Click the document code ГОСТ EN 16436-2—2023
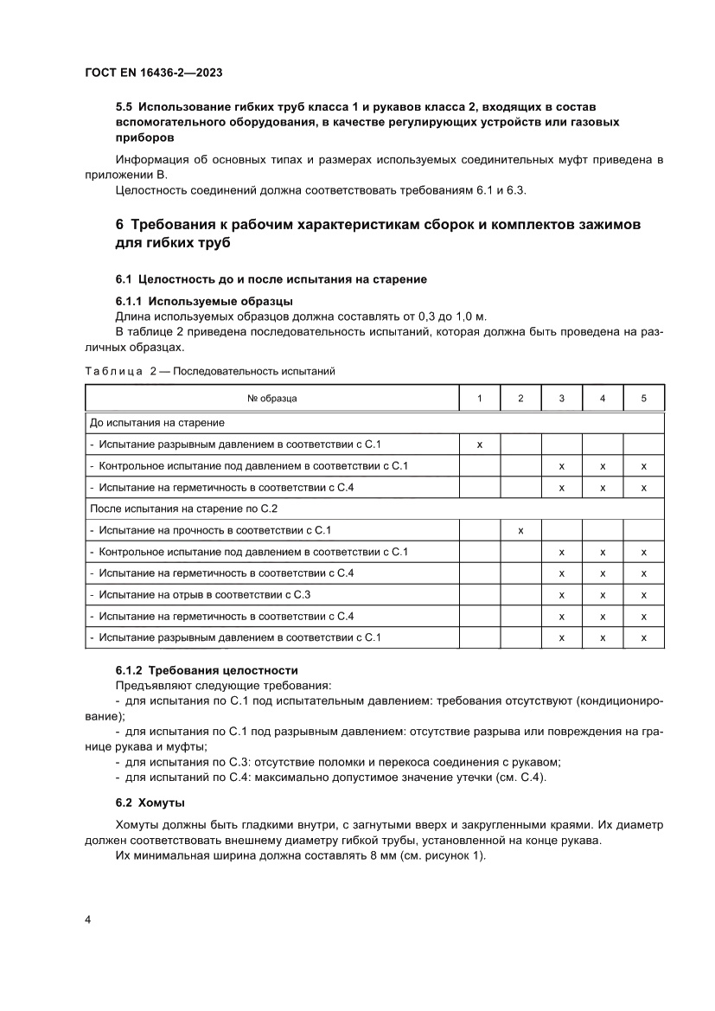(x=155, y=74)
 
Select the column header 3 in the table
(x=562, y=398)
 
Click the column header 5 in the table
(x=643, y=398)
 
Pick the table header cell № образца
(x=271, y=398)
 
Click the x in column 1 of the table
(x=479, y=444)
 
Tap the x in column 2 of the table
(x=520, y=530)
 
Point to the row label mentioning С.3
(x=204, y=594)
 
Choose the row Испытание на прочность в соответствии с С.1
(x=210, y=530)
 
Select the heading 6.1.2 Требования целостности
(x=207, y=669)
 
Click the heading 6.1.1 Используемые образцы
(x=204, y=301)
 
